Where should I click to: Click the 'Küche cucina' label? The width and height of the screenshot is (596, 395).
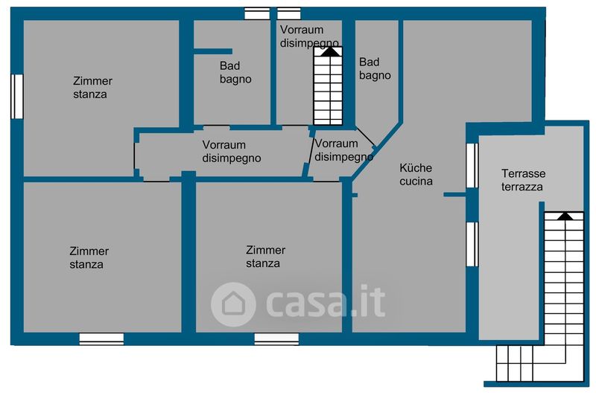tap(416, 175)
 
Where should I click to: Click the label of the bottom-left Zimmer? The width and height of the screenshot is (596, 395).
tap(89, 257)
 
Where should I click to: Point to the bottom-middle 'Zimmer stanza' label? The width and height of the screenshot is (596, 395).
tap(265, 257)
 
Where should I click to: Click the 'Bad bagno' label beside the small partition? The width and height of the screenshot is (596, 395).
tap(235, 72)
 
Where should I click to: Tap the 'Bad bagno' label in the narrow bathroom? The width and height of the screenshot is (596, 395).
tap(375, 68)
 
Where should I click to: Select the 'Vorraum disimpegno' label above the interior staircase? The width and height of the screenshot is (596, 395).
tap(310, 36)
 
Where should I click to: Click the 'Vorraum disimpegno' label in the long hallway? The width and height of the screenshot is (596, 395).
tap(234, 151)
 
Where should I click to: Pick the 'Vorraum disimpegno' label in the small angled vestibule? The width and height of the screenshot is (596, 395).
tap(343, 150)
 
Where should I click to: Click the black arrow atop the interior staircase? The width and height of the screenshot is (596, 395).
tap(328, 52)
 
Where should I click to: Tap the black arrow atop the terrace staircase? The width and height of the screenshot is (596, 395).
tap(565, 216)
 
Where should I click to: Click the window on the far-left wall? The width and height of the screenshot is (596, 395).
tap(16, 95)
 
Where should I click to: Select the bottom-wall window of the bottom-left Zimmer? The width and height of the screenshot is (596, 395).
tap(101, 338)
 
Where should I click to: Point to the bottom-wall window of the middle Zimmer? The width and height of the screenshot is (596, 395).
tap(276, 338)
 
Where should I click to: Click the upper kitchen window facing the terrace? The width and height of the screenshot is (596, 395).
tap(472, 164)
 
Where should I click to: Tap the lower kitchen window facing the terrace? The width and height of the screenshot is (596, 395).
tap(472, 243)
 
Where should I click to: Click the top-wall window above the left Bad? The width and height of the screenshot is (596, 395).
tap(257, 13)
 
